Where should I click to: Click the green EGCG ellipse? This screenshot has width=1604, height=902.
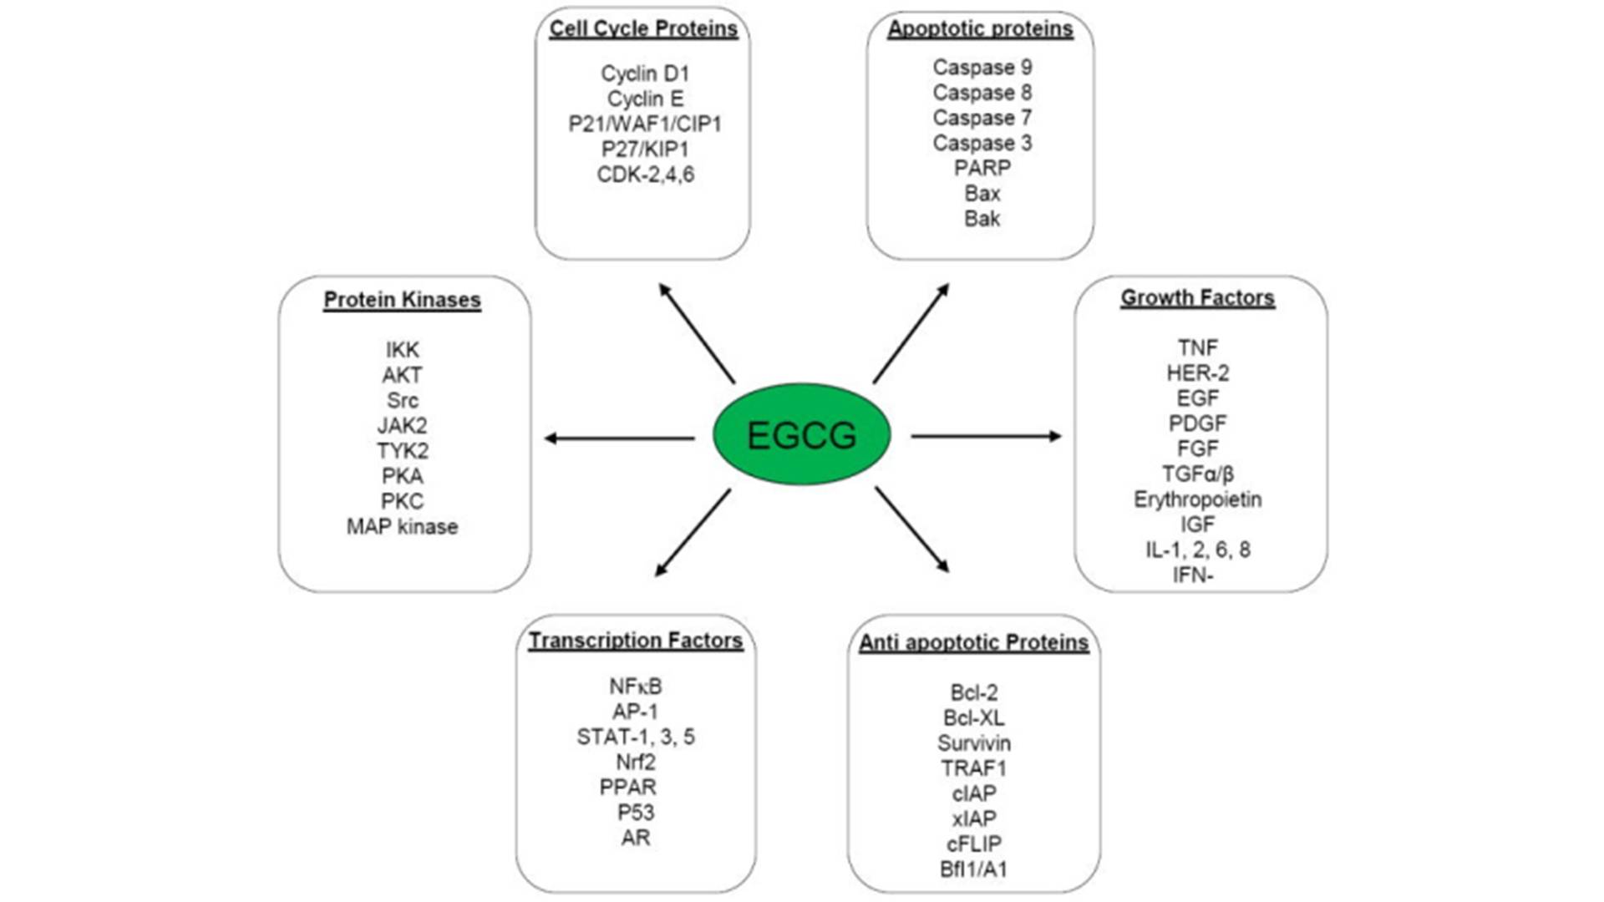801,434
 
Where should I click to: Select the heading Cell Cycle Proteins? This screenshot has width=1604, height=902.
643,29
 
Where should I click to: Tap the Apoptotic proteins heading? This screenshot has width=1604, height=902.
980,29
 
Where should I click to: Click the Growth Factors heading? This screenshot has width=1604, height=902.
1197,298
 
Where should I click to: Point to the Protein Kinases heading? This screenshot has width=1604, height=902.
402,300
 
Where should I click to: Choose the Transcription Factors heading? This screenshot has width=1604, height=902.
636,641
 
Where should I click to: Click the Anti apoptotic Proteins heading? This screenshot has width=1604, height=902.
973,642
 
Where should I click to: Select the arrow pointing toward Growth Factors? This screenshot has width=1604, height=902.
986,436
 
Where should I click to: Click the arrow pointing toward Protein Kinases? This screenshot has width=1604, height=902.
619,438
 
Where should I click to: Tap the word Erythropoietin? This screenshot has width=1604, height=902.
1197,499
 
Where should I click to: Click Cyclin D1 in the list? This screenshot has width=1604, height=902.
645,73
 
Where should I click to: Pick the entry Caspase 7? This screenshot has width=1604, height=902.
982,118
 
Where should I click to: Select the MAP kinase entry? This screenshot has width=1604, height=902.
402,527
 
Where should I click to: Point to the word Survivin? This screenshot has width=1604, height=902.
973,743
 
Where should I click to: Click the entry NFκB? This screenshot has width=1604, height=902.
635,687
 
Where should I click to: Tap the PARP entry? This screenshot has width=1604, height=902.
982,168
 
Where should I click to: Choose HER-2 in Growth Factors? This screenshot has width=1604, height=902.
1197,373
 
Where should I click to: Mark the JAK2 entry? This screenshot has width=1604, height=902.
402,426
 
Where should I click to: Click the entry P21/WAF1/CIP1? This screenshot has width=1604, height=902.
645,124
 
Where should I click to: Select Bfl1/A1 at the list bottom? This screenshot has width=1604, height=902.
973,869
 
